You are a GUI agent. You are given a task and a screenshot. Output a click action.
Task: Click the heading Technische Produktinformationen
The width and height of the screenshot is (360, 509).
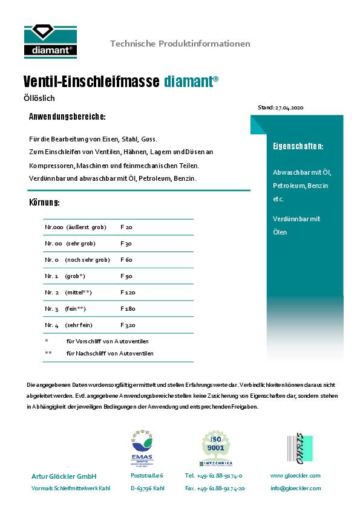pyautogui.click(x=180, y=44)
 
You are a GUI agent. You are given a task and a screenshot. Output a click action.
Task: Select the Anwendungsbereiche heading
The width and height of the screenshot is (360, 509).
pyautogui.click(x=67, y=116)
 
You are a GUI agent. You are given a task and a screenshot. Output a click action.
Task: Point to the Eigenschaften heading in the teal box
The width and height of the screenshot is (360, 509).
pyautogui.click(x=298, y=146)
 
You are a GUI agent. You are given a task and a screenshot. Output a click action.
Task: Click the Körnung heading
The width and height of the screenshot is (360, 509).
pyautogui.click(x=44, y=201)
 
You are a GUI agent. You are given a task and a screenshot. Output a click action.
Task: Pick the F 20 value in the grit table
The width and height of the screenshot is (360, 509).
pyautogui.click(x=126, y=227)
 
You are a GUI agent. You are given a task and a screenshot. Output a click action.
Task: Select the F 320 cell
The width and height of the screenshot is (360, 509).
pyautogui.click(x=128, y=325)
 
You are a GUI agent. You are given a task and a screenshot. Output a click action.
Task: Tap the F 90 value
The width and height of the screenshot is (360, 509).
pyautogui.click(x=126, y=276)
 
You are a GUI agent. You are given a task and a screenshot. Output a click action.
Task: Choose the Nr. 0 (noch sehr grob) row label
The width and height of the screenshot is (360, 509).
pyautogui.click(x=77, y=260)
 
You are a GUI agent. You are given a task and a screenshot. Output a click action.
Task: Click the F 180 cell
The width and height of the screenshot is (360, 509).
pyautogui.click(x=128, y=309)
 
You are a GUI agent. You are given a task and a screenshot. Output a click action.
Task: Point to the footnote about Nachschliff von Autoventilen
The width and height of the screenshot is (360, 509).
pyautogui.click(x=110, y=353)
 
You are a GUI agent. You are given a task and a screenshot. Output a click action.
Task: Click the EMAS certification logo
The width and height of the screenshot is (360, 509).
pyautogui.click(x=142, y=448)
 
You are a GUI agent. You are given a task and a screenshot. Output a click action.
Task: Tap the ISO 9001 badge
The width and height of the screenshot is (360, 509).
pyautogui.click(x=217, y=448)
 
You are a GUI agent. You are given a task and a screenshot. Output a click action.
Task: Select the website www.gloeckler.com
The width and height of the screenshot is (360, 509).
pyautogui.click(x=295, y=476)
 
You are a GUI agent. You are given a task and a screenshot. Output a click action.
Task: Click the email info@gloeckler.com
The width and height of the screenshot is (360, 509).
pyautogui.click(x=295, y=488)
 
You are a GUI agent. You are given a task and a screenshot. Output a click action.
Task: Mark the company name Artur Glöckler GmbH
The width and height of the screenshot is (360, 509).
pyautogui.click(x=64, y=476)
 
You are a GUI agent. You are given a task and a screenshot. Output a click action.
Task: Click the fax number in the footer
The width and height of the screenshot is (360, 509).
pyautogui.click(x=215, y=488)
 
